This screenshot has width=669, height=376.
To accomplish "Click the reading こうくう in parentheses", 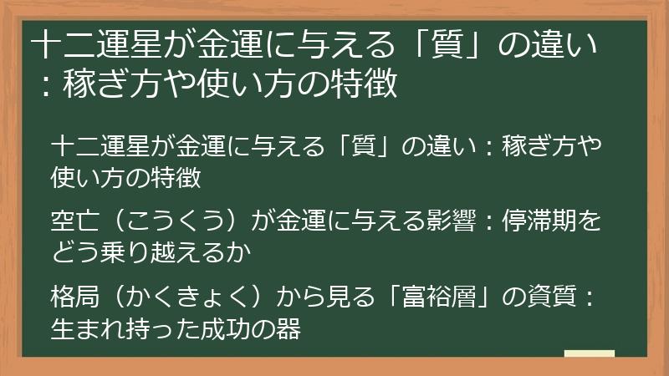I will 168,221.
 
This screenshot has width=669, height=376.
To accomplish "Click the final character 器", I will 287,327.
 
